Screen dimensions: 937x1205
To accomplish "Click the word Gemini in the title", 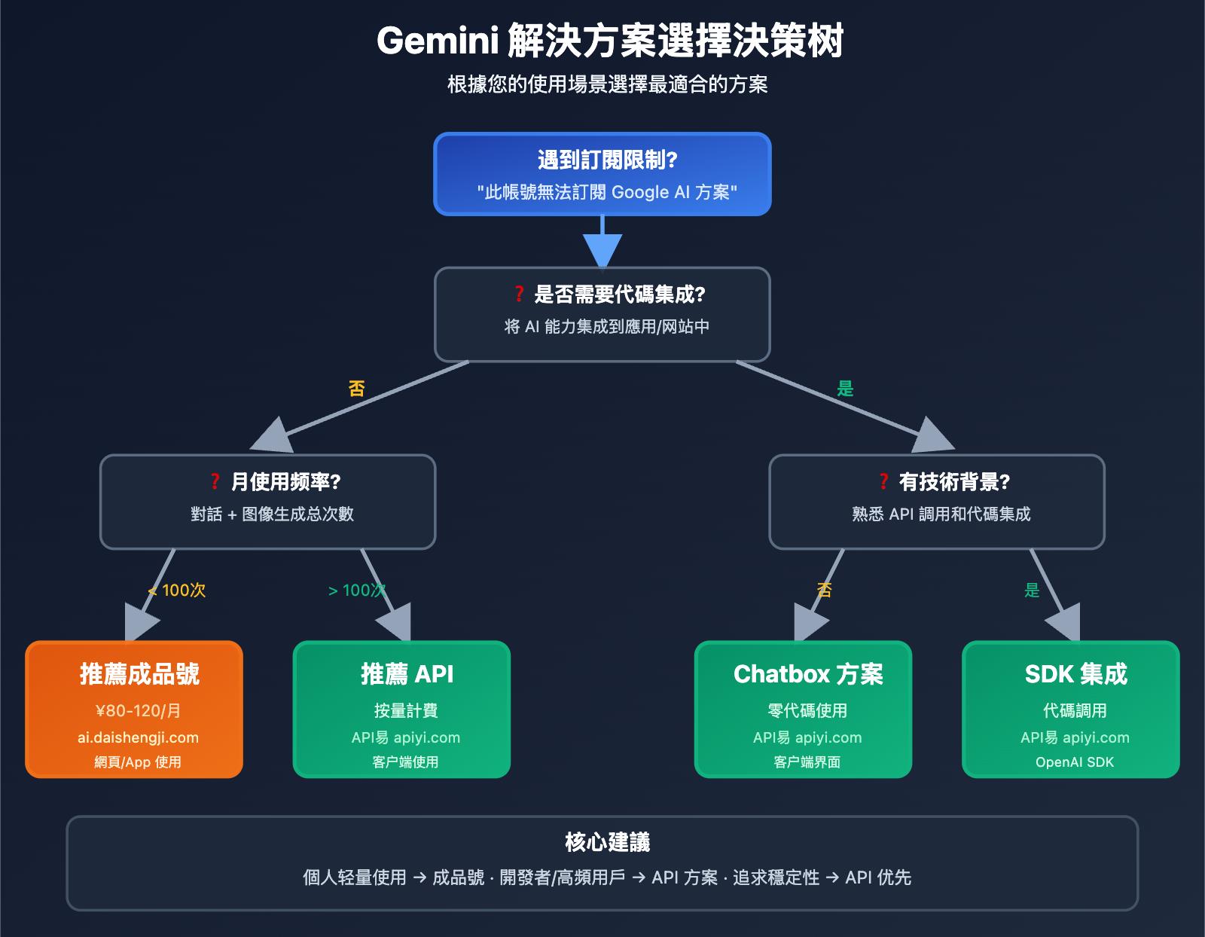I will point(438,41).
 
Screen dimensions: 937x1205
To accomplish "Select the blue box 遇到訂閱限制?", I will point(602,174).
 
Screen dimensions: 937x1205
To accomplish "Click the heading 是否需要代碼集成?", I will point(619,295).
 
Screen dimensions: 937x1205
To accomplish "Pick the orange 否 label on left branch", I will point(357,389).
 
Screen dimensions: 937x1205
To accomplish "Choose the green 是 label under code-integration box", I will point(845,389).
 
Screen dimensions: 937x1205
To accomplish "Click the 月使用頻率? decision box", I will point(268,502).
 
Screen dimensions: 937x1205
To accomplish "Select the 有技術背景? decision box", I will point(936,502).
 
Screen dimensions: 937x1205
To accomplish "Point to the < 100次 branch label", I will point(178,590).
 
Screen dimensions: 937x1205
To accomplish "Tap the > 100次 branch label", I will point(357,590).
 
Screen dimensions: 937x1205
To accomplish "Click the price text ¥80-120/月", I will point(138,710).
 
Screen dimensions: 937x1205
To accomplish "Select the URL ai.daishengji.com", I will point(138,737).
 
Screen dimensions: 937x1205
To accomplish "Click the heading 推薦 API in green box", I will point(407,673).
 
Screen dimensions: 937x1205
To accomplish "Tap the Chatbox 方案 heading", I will point(807,673).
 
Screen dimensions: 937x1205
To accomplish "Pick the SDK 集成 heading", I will point(1075,673).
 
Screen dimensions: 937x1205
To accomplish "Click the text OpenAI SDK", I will point(1074,762).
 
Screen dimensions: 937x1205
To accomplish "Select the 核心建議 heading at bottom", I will point(607,841).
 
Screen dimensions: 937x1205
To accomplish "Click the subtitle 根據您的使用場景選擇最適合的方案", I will point(607,84).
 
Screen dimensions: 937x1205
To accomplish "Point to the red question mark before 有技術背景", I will point(883,481).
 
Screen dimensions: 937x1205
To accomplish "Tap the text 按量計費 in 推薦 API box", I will point(406,710).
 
